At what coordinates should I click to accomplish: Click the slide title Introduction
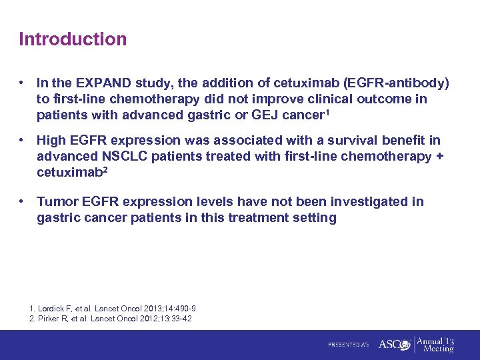73,39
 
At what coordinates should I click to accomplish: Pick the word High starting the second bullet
51,141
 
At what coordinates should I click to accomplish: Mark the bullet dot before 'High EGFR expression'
23,141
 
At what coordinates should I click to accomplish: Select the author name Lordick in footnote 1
52,309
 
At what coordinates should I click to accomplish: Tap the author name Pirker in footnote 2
50,319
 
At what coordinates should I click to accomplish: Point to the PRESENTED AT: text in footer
348,345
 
